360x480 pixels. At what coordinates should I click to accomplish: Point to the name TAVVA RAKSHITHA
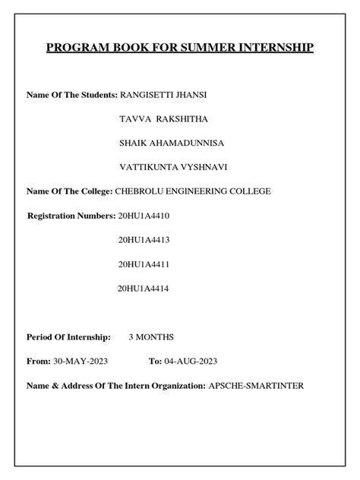[x=164, y=118]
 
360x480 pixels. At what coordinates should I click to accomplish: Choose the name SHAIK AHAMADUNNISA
[x=172, y=143]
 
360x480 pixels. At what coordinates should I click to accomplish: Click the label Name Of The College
[x=69, y=191]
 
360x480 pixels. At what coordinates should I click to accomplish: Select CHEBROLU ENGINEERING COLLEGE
[x=193, y=191]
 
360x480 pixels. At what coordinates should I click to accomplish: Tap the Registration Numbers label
[x=71, y=216]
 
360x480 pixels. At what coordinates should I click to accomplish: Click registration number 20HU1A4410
[x=144, y=216]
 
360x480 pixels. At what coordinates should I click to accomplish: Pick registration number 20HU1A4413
[x=144, y=240]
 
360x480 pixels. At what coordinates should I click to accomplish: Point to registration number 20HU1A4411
[x=144, y=264]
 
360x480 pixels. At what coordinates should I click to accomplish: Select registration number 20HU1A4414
[x=144, y=289]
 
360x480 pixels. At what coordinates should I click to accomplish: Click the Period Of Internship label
[x=68, y=336]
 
